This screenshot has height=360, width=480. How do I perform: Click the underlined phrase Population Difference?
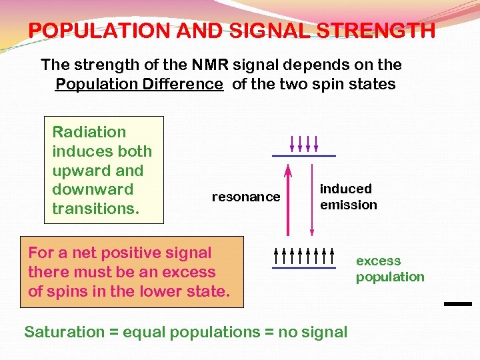(139, 84)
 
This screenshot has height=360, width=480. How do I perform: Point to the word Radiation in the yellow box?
(89, 132)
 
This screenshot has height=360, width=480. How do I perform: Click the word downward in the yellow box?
(93, 189)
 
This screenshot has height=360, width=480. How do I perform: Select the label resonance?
(245, 197)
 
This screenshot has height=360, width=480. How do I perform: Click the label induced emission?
(348, 197)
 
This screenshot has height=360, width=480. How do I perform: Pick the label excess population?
(389, 269)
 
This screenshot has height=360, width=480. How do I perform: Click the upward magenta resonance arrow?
(288, 200)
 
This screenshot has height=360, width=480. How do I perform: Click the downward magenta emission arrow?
(311, 200)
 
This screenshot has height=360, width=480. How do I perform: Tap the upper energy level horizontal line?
(303, 156)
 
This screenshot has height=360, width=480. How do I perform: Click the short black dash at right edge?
(457, 303)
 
